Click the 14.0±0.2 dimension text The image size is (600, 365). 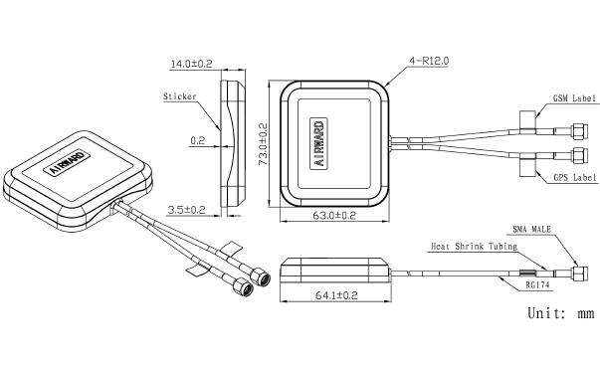(x=191, y=64)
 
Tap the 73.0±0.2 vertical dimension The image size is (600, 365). (x=264, y=144)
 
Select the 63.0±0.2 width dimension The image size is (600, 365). (x=334, y=216)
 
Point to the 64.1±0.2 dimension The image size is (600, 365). (x=336, y=295)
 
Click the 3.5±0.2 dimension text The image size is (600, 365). (x=187, y=210)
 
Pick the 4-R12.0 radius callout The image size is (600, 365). (x=429, y=61)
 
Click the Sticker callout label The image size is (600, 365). (x=179, y=96)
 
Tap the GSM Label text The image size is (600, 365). (x=574, y=98)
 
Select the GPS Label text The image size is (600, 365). (x=575, y=177)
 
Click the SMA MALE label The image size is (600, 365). (x=531, y=229)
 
